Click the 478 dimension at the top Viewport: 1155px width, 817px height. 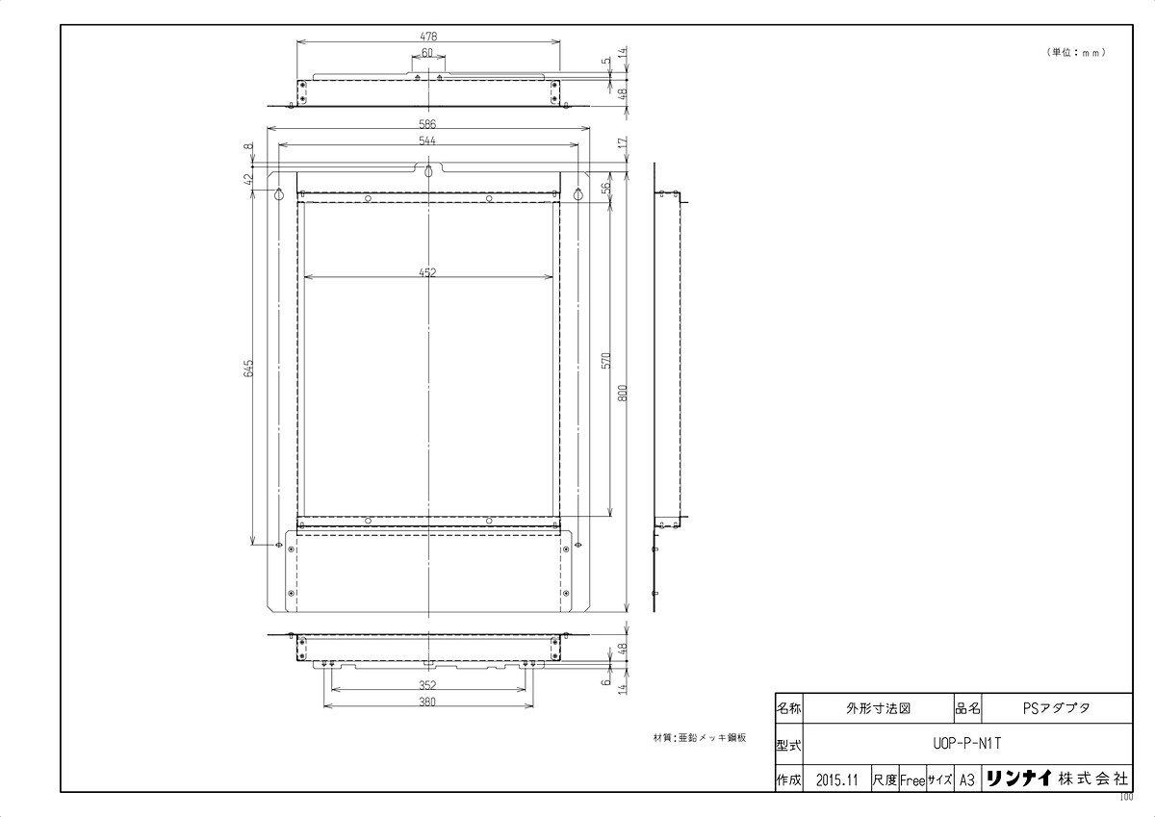428,37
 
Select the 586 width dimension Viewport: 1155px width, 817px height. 427,124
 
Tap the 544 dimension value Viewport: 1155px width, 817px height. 427,140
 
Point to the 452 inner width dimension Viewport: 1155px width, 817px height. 427,272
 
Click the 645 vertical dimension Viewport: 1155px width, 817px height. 248,368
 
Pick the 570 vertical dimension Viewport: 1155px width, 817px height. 607,360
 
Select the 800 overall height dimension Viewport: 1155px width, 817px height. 624,394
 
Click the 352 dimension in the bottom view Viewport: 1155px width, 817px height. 427,685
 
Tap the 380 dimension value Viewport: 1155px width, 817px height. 427,702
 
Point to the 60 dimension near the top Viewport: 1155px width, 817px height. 427,53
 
